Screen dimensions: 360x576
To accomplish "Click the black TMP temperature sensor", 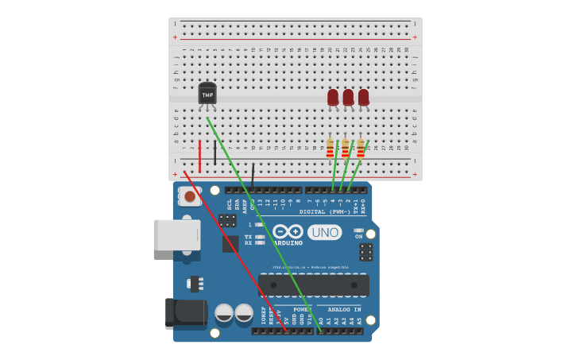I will (207, 95).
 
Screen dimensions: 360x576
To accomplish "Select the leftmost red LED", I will (333, 97).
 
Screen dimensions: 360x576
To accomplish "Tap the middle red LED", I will (348, 97).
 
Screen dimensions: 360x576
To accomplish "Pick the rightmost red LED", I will (363, 97).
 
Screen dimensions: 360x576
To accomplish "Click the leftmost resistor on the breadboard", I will (331, 148).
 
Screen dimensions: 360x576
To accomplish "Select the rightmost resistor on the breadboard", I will (361, 148).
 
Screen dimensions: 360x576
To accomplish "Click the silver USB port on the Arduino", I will (177, 235).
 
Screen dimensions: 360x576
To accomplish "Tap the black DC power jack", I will (185, 313).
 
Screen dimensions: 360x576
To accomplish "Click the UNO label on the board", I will (324, 232).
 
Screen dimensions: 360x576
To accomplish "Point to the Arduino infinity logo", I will (287, 231).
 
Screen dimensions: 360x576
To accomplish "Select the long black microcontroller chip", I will (313, 285).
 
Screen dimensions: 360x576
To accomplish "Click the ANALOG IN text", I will (344, 309).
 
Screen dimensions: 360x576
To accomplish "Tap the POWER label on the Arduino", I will (303, 309).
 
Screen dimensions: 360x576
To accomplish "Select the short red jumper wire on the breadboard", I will (199, 157).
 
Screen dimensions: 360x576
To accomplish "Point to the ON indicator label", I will (358, 236).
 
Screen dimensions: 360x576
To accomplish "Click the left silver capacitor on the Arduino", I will (224, 312).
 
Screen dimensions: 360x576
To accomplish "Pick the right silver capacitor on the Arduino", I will (244, 312).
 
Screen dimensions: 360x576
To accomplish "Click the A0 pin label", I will (321, 320).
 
